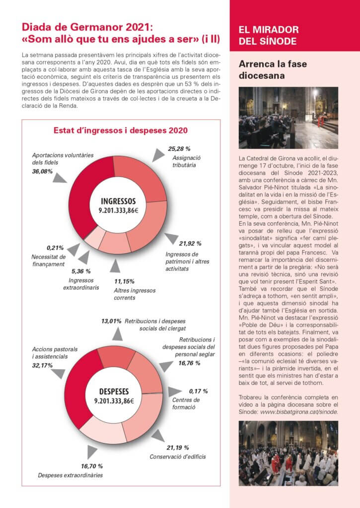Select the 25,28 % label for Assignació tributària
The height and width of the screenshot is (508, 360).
pyautogui.click(x=179, y=148)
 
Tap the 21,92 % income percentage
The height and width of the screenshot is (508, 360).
pyautogui.click(x=190, y=244)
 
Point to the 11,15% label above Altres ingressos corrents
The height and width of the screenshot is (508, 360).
pyautogui.click(x=124, y=281)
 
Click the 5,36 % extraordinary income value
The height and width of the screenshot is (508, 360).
pyautogui.click(x=81, y=271)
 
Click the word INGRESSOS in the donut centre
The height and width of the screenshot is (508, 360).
pyautogui.click(x=118, y=201)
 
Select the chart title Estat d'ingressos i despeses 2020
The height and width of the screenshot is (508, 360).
pyautogui.click(x=120, y=130)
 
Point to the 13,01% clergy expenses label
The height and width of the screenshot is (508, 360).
pyautogui.click(x=111, y=321)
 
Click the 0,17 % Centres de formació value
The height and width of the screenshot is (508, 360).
pyautogui.click(x=198, y=391)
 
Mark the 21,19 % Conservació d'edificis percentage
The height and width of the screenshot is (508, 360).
pyautogui.click(x=178, y=447)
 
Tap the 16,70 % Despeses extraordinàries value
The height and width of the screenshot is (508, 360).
pyautogui.click(x=92, y=466)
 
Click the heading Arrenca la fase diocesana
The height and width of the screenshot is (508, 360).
pyautogui.click(x=262, y=70)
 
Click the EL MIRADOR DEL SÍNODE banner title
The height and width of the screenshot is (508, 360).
pyautogui.click(x=269, y=35)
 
